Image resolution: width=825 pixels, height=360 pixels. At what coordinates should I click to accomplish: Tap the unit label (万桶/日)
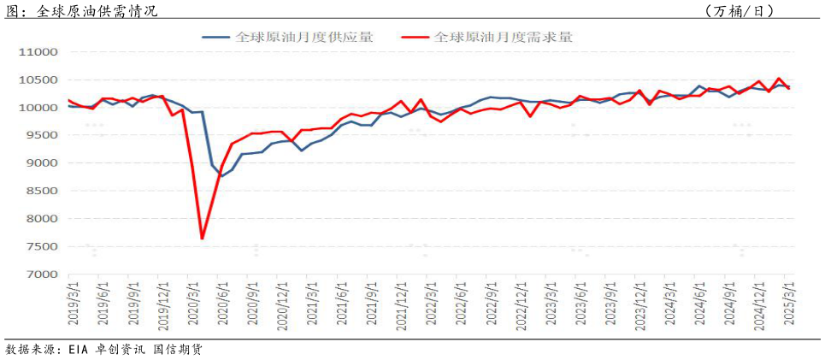pyautogui.click(x=740, y=11)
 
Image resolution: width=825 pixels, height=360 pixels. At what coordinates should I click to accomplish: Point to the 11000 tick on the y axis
pyautogui.click(x=37, y=52)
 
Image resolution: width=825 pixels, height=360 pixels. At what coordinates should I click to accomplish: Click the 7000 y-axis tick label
pyautogui.click(x=40, y=274)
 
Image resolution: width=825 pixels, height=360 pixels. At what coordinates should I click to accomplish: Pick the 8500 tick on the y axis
pyautogui.click(x=40, y=192)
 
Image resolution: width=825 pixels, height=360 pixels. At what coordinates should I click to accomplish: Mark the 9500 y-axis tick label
pyautogui.click(x=40, y=136)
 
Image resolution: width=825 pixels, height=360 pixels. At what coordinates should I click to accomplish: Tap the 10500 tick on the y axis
pyautogui.click(x=37, y=80)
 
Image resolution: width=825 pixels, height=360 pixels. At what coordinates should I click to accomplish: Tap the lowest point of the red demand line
pyautogui.click(x=203, y=239)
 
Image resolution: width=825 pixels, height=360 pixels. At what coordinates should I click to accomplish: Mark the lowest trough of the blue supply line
pyautogui.click(x=222, y=176)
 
